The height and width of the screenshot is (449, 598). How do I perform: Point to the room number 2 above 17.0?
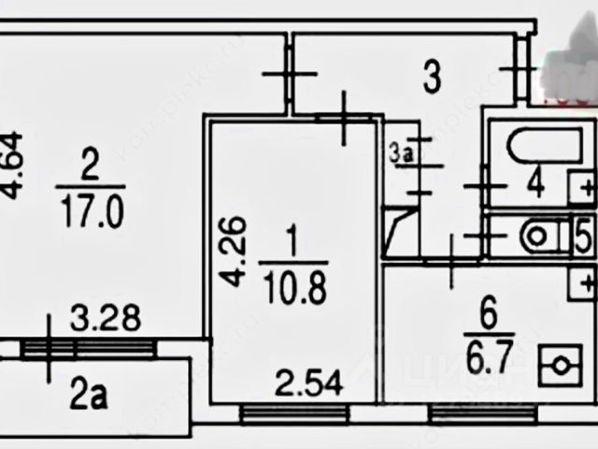pyautogui.click(x=91, y=168)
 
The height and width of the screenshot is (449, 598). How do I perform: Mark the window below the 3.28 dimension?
pyautogui.click(x=88, y=348)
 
